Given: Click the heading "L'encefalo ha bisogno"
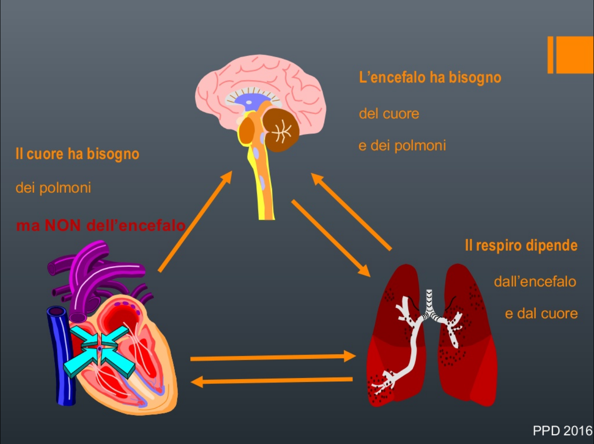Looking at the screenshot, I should (430, 78).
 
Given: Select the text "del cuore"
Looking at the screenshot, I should (389, 114).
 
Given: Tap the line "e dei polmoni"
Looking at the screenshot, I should (402, 145).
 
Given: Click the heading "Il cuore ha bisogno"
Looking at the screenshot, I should (78, 154).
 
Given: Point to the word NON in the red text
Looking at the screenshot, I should (62, 225).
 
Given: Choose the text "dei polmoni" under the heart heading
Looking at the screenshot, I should (53, 188).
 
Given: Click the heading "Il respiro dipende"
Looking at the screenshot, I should (521, 245).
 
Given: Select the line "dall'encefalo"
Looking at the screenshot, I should (535, 281).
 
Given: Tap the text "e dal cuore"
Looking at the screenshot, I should (541, 314).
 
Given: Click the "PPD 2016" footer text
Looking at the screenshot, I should (562, 431).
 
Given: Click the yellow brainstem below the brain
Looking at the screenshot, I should (265, 191).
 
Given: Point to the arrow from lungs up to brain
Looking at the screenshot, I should (352, 212).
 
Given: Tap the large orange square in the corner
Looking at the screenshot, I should (574, 55).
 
